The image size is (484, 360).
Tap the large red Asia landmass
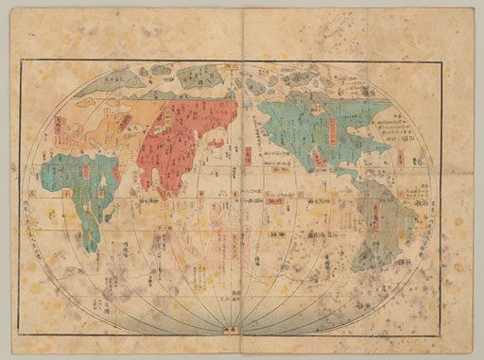(x=184, y=137)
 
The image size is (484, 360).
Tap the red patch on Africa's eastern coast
(x=117, y=174)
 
